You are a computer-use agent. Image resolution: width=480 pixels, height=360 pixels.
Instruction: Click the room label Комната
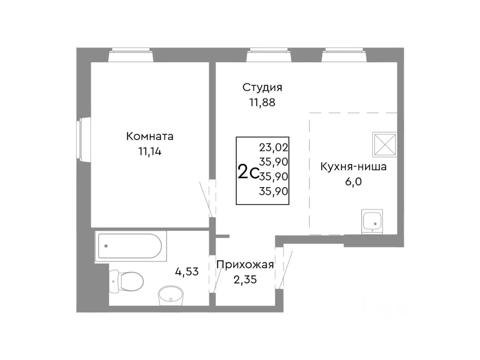pyautogui.click(x=150, y=136)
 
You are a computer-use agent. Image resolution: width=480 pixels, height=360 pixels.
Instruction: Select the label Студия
pyautogui.click(x=262, y=87)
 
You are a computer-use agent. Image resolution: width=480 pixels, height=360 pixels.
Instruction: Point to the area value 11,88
pyautogui.click(x=262, y=102)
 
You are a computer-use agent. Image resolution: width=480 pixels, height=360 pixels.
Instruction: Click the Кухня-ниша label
pyautogui.click(x=353, y=166)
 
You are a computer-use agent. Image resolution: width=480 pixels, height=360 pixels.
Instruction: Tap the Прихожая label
pyautogui.click(x=245, y=264)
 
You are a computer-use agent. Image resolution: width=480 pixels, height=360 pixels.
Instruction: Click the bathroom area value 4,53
pyautogui.click(x=187, y=271)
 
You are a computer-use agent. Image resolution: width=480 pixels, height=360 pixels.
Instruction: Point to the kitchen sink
pyautogui.click(x=372, y=221)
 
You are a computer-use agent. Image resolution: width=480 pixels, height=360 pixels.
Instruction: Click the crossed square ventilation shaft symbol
pyautogui.click(x=384, y=144)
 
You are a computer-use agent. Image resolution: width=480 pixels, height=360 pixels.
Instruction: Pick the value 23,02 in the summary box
pyautogui.click(x=273, y=147)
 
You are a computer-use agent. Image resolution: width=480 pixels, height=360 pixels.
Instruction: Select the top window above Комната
pyautogui.click(x=131, y=55)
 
